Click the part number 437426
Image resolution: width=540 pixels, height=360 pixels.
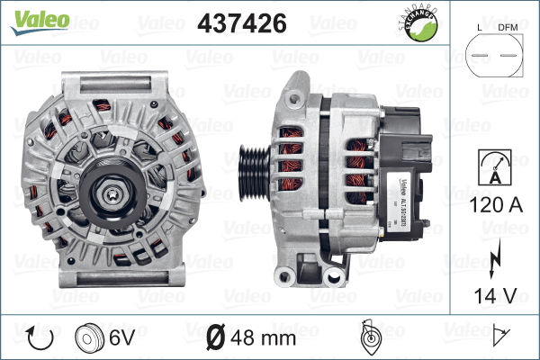[241, 23]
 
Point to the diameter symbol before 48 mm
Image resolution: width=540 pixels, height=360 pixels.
[217, 339]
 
